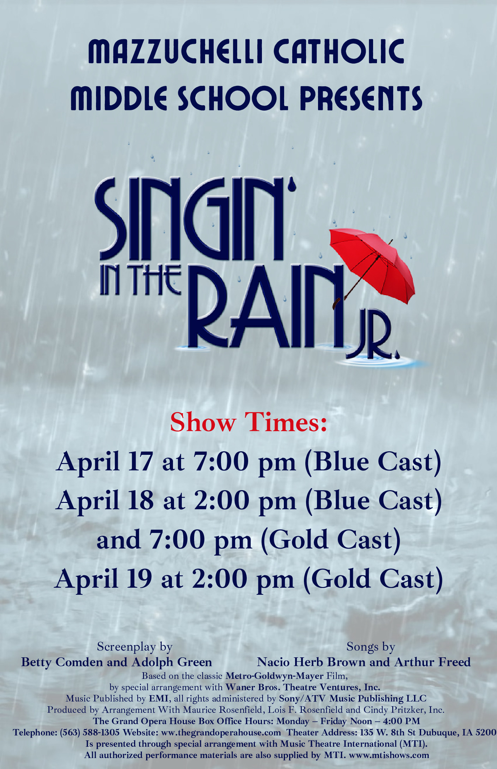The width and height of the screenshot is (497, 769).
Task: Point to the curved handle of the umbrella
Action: tap(336, 303)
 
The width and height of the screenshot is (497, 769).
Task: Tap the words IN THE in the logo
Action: tap(140, 281)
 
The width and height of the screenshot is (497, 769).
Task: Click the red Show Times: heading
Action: tap(248, 422)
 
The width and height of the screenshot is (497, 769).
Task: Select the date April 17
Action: tap(104, 462)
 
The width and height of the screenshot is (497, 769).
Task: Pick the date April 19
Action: tap(103, 579)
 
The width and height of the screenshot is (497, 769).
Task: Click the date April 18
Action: tap(105, 501)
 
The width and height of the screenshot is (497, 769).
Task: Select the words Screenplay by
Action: tap(134, 647)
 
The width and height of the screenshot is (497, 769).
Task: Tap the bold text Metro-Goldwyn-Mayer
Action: tap(274, 676)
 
